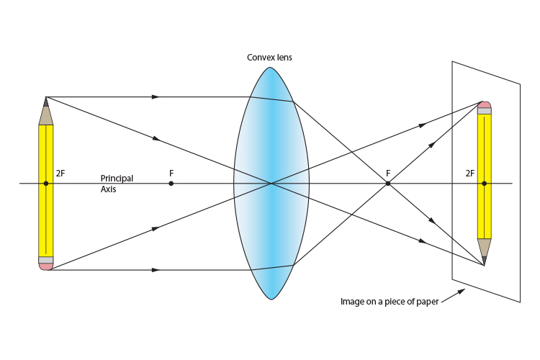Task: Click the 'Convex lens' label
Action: pos(270,58)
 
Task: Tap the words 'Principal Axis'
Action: pos(117,184)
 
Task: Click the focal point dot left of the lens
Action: pos(171,184)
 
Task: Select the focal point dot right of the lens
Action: pos(387,184)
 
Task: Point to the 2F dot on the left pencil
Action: pos(45,184)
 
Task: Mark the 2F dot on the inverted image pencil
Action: pos(484,184)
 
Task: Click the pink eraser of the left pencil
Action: pos(45,266)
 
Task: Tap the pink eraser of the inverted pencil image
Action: pos(484,105)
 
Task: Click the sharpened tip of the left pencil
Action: pos(45,99)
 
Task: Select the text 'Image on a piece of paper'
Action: pos(389,302)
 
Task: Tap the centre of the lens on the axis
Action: pos(271,184)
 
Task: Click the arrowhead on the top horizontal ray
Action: pos(156,96)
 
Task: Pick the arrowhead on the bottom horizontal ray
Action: pos(156,270)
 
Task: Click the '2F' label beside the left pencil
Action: pos(60,174)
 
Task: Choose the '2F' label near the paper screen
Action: pos(470,174)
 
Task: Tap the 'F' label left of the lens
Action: pos(171,174)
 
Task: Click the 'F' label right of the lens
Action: pos(388,174)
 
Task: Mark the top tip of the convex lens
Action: pos(271,68)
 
